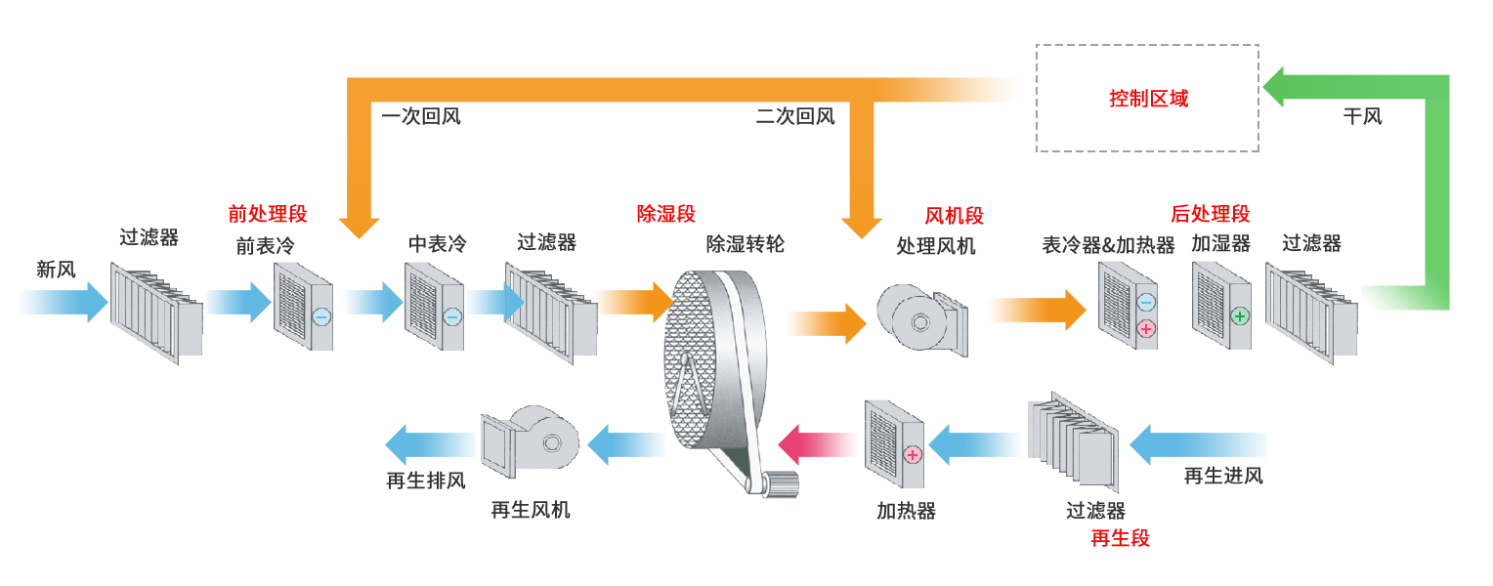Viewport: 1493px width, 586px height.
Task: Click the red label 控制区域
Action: tap(1148, 99)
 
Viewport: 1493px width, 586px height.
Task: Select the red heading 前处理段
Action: tap(268, 214)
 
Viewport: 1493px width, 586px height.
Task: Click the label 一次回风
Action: tap(421, 117)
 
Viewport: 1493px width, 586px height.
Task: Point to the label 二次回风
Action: tap(795, 117)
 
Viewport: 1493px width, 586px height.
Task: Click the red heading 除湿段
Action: tap(665, 214)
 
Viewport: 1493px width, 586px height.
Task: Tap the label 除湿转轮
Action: tap(746, 244)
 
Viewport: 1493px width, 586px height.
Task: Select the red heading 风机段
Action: tap(954, 216)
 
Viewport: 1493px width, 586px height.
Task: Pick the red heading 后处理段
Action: tap(1210, 214)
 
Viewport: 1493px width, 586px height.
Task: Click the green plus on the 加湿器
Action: tap(1240, 316)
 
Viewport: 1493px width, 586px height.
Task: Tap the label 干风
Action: tap(1362, 117)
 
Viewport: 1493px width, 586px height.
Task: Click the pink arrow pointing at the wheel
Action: tap(817, 444)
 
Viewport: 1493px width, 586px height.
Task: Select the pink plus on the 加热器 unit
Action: tap(913, 454)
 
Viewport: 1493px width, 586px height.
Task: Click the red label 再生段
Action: tap(1120, 538)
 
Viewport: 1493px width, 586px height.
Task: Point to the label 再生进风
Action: tap(1223, 477)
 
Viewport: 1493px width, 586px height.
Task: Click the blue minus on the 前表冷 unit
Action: tap(321, 316)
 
